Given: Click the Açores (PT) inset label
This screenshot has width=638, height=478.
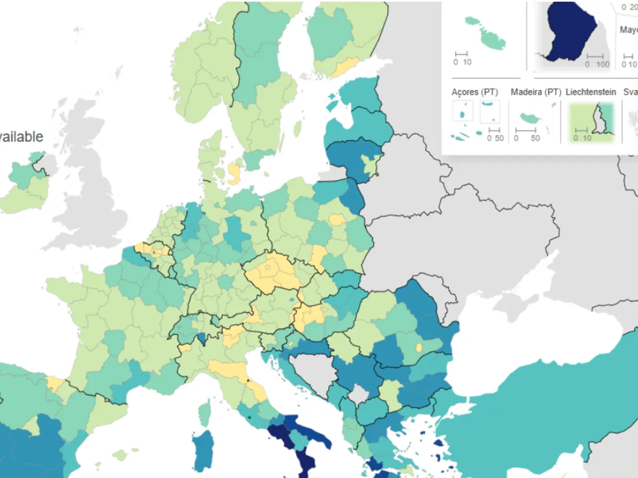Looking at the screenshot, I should coord(474,92).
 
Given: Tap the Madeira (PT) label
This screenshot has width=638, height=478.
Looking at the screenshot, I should coord(535,92).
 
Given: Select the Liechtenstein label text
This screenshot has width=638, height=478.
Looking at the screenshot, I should coord(591,92).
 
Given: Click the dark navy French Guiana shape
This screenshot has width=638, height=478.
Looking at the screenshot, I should coord(569,32).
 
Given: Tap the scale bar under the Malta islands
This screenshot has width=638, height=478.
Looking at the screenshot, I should coord(461,54).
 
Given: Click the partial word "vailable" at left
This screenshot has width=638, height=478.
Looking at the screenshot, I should coord(21,136).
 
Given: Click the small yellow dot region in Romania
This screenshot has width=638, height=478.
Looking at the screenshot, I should coord(419,348).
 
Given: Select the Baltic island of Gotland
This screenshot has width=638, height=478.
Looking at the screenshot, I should coord(298,128).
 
